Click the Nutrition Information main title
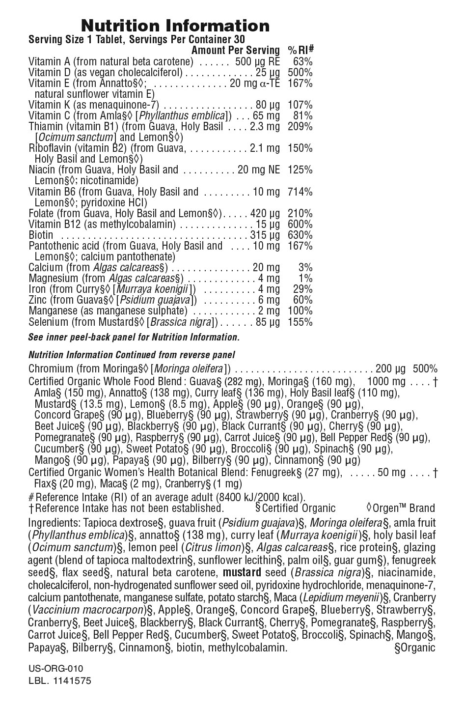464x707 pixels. point(175,26)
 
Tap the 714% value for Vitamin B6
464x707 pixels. point(300,192)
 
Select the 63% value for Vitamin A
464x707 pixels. point(302,61)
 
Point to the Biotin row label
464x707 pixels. point(41,235)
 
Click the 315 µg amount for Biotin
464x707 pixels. point(265,235)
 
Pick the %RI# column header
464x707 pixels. point(300,50)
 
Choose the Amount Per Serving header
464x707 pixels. point(235,50)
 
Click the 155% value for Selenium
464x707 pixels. point(300,322)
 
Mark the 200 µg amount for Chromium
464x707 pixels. point(391,369)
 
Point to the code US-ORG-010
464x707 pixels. point(56,669)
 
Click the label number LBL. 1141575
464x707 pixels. point(60,681)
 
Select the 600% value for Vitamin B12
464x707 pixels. point(300,224)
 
